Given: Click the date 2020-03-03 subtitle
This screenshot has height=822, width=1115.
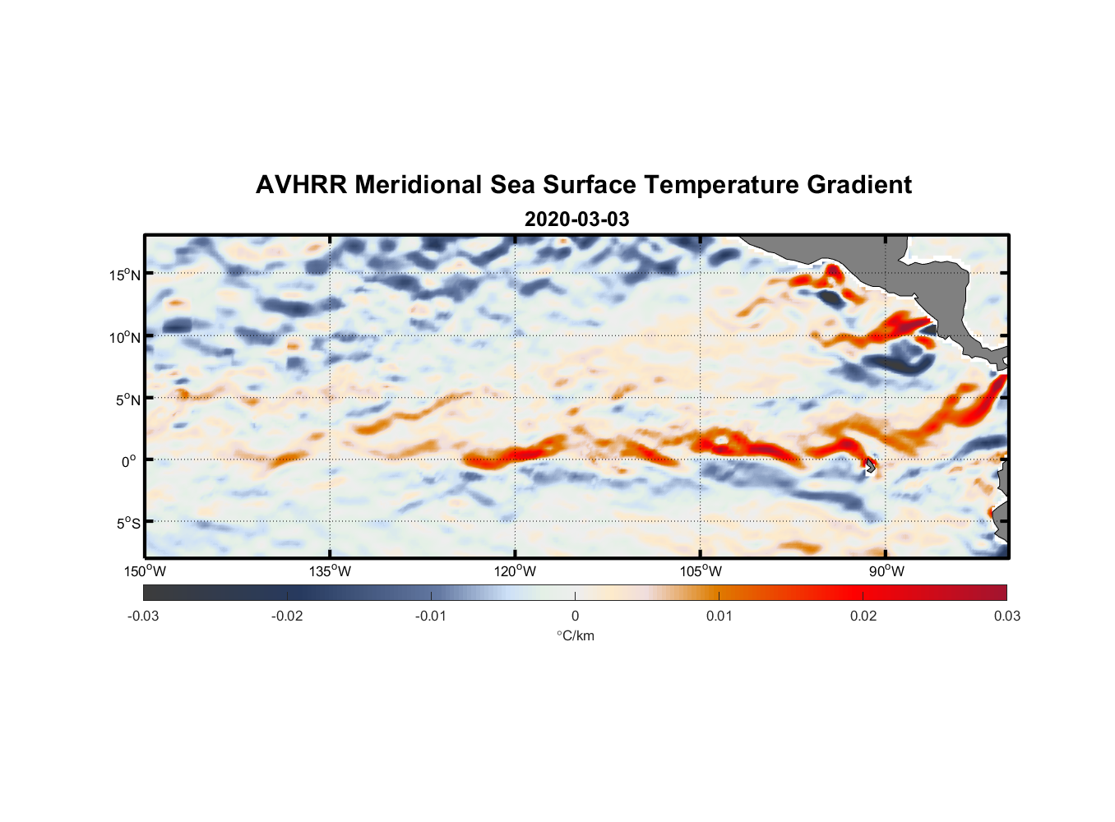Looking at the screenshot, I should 576,219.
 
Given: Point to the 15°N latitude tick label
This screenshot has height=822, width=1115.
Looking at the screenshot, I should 124,275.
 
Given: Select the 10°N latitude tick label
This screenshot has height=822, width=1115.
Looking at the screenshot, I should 124,337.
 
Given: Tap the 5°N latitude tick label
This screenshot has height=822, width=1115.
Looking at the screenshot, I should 127,399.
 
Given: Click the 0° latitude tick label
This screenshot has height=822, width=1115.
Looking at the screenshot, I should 128,461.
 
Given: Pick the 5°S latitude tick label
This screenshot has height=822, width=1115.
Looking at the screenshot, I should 127,523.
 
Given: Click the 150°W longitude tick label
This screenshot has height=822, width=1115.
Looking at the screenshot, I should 145,571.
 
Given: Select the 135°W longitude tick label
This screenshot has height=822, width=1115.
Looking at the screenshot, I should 330,571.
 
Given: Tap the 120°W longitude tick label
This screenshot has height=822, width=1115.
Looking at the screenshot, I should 515,571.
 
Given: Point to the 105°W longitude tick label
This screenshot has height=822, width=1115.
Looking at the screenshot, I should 701,571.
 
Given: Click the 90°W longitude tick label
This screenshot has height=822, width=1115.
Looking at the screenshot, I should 886,571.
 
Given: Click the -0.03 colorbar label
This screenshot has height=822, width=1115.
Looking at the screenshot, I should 143,616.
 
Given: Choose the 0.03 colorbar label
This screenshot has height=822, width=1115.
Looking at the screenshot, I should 1006,616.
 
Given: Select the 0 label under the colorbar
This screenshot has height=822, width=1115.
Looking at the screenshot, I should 575,616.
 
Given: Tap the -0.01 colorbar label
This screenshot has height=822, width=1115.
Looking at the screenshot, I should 431,616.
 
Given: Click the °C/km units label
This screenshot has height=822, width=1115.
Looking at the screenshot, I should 575,635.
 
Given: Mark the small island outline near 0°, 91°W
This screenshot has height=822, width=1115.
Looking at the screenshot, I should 870,466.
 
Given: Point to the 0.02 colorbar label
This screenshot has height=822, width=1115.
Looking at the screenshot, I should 863,616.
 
